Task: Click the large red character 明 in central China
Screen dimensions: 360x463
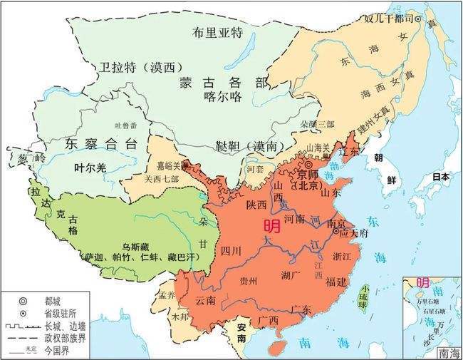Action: click(271, 227)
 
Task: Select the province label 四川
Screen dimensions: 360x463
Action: click(232, 251)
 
